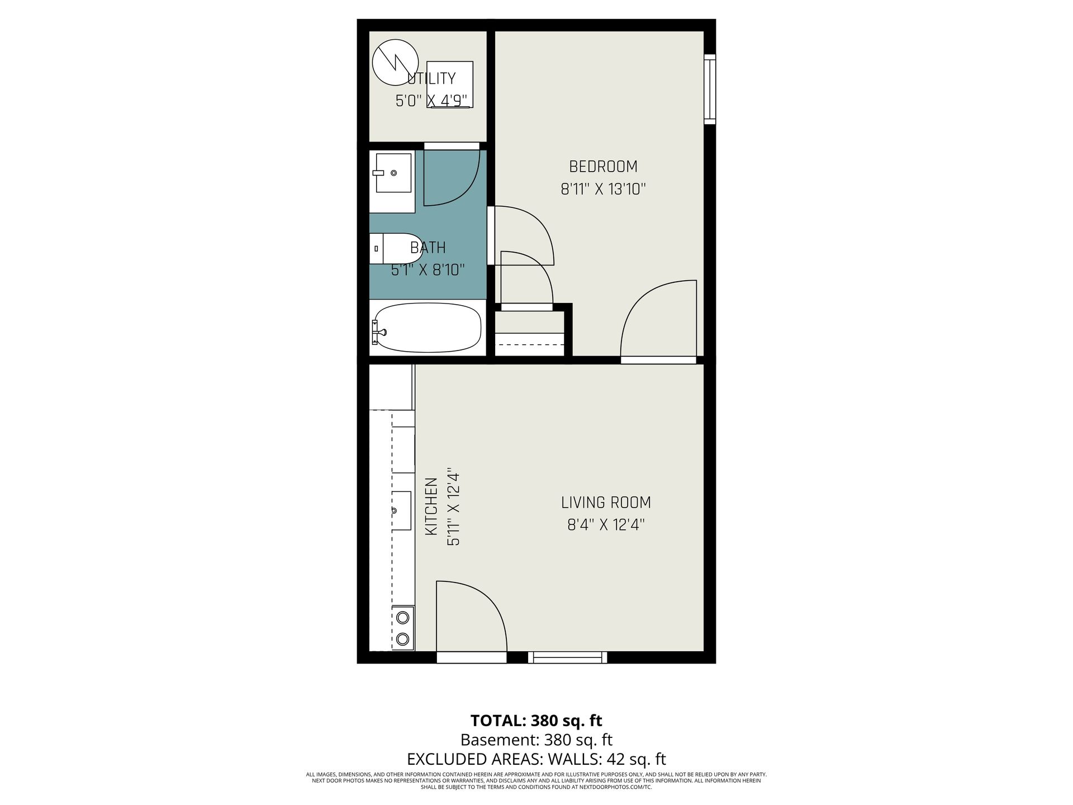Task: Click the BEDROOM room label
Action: click(x=603, y=167)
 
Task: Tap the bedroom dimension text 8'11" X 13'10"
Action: click(x=603, y=190)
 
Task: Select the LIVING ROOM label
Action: click(x=606, y=503)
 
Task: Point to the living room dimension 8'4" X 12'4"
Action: click(x=606, y=525)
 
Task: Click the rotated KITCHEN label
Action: click(x=431, y=506)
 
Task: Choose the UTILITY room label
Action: click(x=431, y=78)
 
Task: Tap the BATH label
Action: click(x=428, y=247)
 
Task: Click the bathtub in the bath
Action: click(x=428, y=328)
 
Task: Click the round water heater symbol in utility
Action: click(x=395, y=63)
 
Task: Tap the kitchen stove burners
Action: click(x=402, y=628)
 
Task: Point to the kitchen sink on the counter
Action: click(x=401, y=510)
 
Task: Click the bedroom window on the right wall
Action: click(x=710, y=89)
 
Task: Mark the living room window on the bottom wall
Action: click(x=567, y=657)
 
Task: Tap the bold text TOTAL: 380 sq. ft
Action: click(x=536, y=720)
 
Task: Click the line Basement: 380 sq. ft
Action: click(x=536, y=740)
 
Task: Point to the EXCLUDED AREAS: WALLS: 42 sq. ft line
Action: click(x=536, y=760)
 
